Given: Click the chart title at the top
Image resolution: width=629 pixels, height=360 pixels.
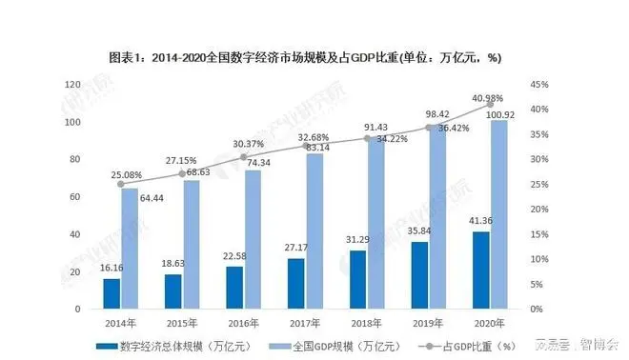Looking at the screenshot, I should [314, 58].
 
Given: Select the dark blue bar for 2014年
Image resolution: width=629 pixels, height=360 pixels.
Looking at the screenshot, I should [112, 293].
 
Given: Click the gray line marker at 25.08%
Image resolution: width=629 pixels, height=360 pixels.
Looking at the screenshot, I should [121, 184].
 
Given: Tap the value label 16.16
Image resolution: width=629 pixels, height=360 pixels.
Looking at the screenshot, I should [111, 270].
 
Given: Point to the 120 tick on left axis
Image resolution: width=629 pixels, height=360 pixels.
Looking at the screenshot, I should [71, 85].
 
